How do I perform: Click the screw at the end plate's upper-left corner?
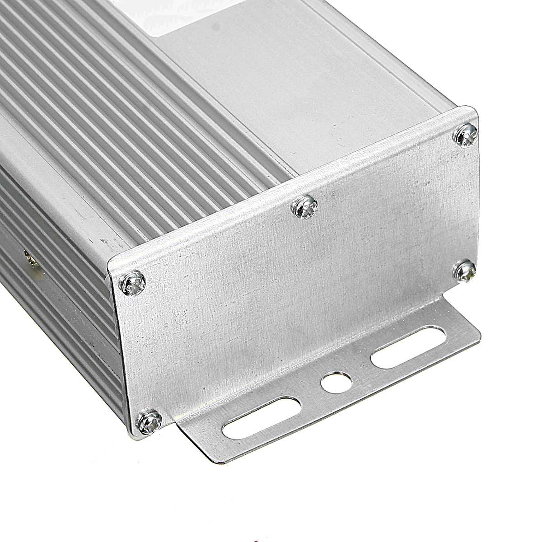[x=134, y=283]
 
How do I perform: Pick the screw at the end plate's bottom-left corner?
[x=149, y=421]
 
